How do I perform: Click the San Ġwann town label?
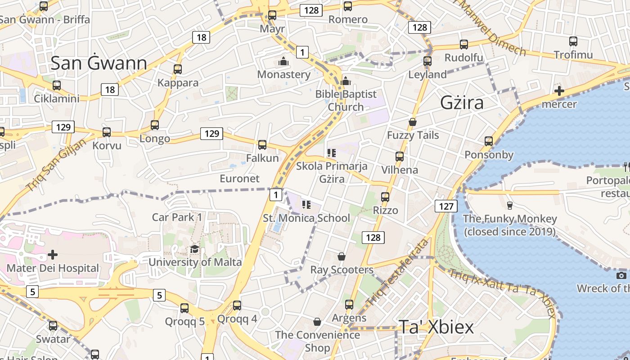(x=99, y=63)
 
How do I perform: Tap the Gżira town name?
(x=462, y=103)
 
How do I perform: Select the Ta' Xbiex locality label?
(x=436, y=327)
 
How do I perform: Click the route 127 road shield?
(x=446, y=206)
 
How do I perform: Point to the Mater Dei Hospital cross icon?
(x=53, y=255)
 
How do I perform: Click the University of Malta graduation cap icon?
(x=194, y=249)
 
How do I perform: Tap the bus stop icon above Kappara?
(x=178, y=69)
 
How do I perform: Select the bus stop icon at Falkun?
(x=262, y=145)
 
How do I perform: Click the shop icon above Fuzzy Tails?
(x=413, y=122)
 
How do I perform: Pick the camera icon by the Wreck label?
(x=621, y=275)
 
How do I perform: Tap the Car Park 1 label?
(x=177, y=217)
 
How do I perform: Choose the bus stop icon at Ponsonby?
(x=489, y=141)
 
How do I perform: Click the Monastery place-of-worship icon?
(x=283, y=61)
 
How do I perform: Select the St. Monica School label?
(x=306, y=218)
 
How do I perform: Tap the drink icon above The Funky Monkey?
(x=510, y=206)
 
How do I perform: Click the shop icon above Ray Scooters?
(x=342, y=256)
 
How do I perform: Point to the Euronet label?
(x=239, y=179)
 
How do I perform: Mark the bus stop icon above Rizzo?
(x=385, y=197)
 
